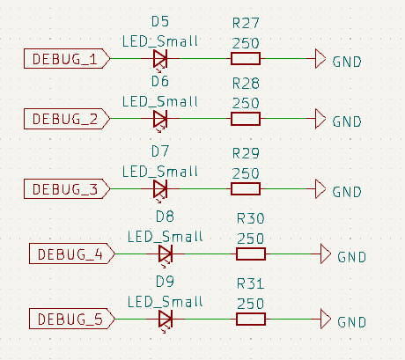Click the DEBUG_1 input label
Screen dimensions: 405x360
pyautogui.click(x=67, y=59)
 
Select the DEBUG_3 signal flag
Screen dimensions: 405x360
pyautogui.click(x=67, y=188)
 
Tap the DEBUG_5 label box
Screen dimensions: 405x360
pyautogui.click(x=72, y=319)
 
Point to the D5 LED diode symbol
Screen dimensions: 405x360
pyautogui.click(x=160, y=60)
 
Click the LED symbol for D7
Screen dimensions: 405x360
pyautogui.click(x=160, y=189)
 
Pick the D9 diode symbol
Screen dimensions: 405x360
pyautogui.click(x=166, y=320)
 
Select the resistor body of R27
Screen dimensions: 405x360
pyautogui.click(x=246, y=59)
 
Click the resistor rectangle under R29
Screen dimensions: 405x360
pyautogui.click(x=246, y=188)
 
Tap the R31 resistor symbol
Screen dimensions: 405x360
pyautogui.click(x=251, y=319)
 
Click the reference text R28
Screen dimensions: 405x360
pyautogui.click(x=246, y=84)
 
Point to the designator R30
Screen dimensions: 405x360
pyautogui.click(x=251, y=218)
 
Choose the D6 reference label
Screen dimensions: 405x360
pyautogui.click(x=160, y=81)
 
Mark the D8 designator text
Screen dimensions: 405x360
pyautogui.click(x=165, y=217)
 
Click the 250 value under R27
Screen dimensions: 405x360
pyautogui.click(x=246, y=43)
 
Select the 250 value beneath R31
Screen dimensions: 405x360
pyautogui.click(x=251, y=304)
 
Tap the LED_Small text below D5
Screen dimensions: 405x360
pyautogui.click(x=160, y=41)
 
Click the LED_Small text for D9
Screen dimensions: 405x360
pyautogui.click(x=166, y=302)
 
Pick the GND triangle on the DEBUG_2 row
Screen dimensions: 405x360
pyautogui.click(x=320, y=119)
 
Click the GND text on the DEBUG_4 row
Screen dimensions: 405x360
pyautogui.click(x=352, y=257)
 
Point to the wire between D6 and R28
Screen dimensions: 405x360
pyautogui.click(x=205, y=119)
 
